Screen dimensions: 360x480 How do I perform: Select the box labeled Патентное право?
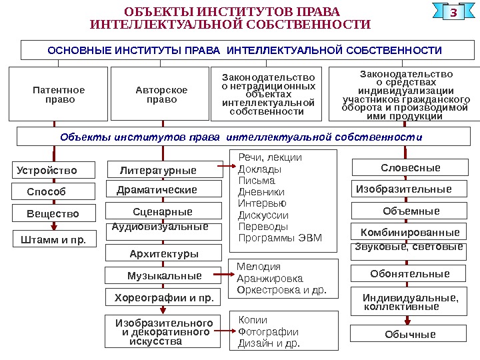click(x=59, y=94)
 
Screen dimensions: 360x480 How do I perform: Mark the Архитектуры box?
click(x=164, y=254)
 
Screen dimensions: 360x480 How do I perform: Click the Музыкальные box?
click(x=164, y=275)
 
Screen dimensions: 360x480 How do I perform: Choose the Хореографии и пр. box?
click(x=163, y=297)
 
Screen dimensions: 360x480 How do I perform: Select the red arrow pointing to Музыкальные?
click(x=220, y=274)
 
